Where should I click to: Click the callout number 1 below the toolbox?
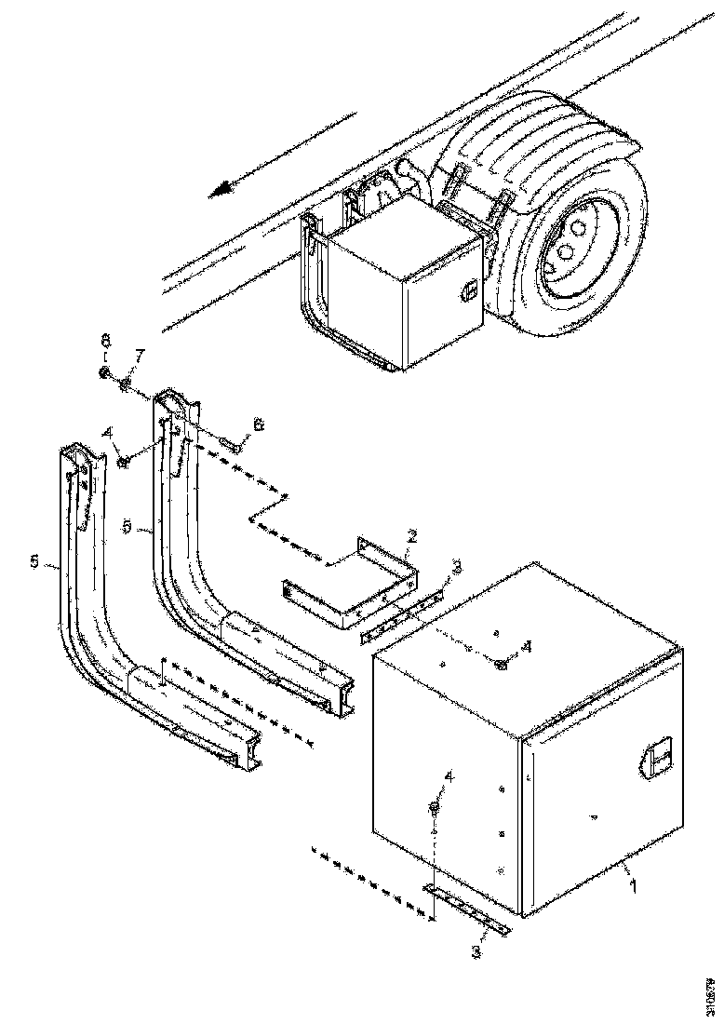tap(633, 885)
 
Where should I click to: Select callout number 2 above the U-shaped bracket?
tap(411, 536)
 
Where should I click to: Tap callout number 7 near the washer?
tap(141, 357)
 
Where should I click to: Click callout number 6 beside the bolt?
tap(259, 424)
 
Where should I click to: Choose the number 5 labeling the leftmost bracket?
tap(34, 561)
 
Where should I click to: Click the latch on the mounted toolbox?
tap(471, 290)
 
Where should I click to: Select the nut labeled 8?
tap(105, 374)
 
